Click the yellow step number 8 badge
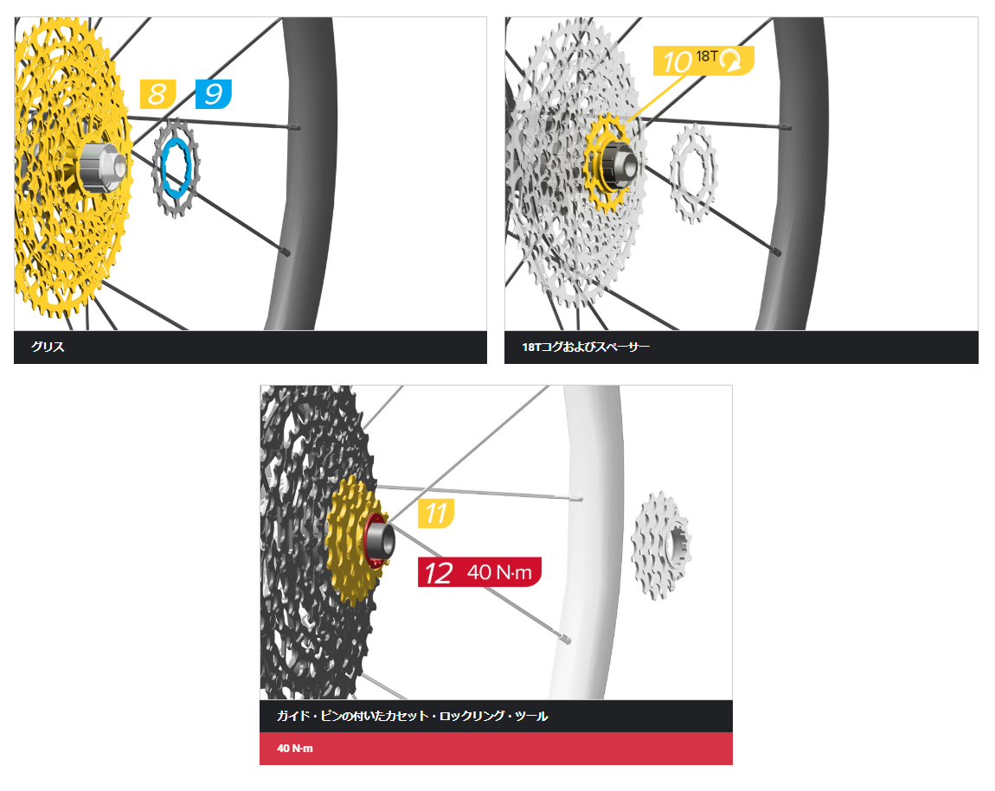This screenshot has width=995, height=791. pyautogui.click(x=157, y=93)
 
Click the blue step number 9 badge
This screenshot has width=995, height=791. pyautogui.click(x=213, y=93)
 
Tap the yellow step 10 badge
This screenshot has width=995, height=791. pyautogui.click(x=677, y=61)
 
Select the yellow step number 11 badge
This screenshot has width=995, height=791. pyautogui.click(x=436, y=513)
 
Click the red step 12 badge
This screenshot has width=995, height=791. pyautogui.click(x=440, y=572)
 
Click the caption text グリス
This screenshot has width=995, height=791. pyautogui.click(x=48, y=348)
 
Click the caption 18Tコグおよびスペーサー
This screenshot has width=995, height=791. pyautogui.click(x=585, y=348)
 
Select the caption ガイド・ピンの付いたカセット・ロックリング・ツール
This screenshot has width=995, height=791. pyautogui.click(x=412, y=717)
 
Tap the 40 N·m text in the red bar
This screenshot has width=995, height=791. pyautogui.click(x=295, y=749)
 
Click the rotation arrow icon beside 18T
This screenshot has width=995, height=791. pyautogui.click(x=732, y=61)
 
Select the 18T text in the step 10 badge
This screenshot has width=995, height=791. pyautogui.click(x=709, y=57)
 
